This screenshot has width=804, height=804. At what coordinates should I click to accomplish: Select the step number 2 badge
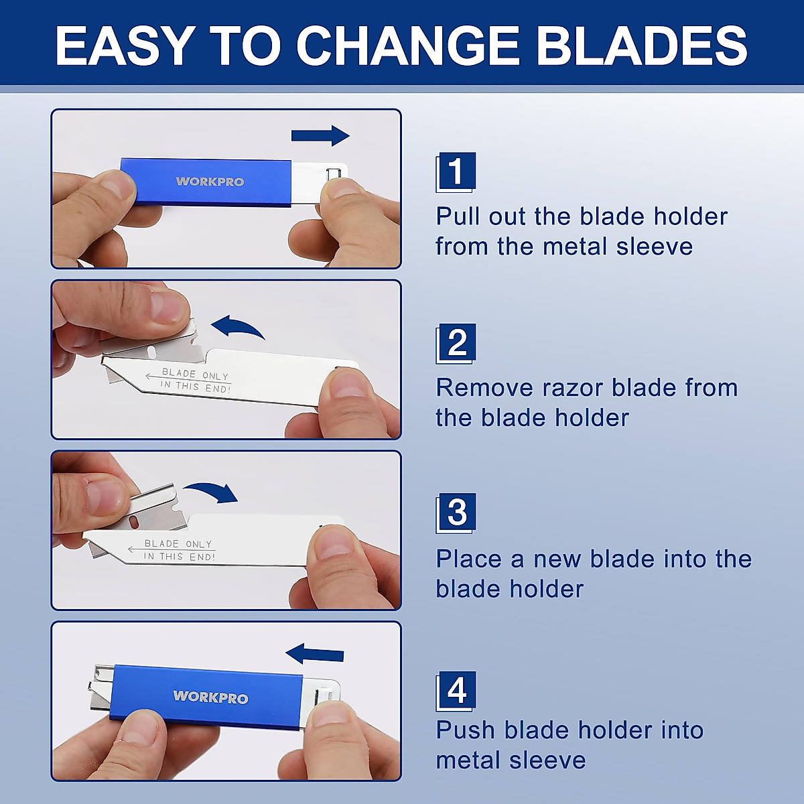(456, 342)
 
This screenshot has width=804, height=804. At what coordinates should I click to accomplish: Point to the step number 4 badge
(456, 690)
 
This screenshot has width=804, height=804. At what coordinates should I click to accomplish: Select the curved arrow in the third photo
(212, 492)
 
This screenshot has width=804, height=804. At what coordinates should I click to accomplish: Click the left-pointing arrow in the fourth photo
(315, 654)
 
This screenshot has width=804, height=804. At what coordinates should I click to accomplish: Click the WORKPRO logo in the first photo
(210, 182)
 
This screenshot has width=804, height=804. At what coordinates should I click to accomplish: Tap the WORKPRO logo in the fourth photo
(210, 697)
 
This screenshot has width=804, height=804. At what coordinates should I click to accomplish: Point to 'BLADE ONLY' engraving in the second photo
(195, 375)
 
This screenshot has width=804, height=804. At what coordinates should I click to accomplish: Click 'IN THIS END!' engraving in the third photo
(179, 556)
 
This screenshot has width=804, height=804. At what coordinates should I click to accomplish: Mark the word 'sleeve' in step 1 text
(654, 247)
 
